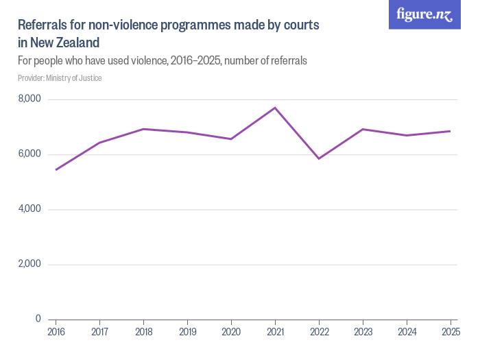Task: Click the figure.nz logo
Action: (424, 14)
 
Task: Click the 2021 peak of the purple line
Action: (275, 108)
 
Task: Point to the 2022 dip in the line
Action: (319, 158)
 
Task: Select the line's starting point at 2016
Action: (56, 169)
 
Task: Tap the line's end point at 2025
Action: (450, 131)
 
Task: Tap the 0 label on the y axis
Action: (38, 319)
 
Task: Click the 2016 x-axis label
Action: (56, 332)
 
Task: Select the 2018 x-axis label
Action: (143, 332)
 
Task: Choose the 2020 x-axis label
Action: (231, 332)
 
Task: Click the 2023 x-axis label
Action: (363, 332)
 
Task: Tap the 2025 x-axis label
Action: (450, 332)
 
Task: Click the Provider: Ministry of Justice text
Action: (60, 78)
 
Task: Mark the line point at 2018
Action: (143, 129)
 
